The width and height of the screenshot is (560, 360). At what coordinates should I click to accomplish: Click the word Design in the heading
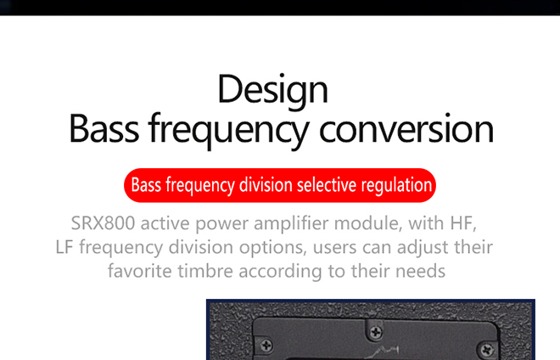(x=272, y=91)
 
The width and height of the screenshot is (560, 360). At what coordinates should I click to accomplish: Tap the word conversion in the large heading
(x=406, y=129)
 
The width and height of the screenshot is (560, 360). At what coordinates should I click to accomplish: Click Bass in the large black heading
(x=104, y=128)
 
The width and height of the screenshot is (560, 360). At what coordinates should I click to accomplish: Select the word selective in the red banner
(x=327, y=185)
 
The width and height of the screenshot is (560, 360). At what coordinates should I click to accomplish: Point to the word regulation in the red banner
(x=396, y=186)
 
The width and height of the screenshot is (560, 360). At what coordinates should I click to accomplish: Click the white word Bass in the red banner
(x=146, y=185)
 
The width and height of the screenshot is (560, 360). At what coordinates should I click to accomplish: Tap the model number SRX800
(x=103, y=223)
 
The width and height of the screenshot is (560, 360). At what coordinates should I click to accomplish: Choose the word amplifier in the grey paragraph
(x=292, y=224)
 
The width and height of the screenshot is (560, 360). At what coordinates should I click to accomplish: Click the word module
(x=368, y=223)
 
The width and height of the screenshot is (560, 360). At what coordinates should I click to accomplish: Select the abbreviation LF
(x=64, y=247)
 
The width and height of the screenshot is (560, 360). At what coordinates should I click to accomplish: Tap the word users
(x=334, y=247)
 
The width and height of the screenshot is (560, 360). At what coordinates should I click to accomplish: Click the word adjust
(x=424, y=247)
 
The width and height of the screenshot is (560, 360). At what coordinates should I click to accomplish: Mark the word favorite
(x=140, y=271)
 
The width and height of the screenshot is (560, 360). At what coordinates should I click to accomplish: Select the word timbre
(x=205, y=271)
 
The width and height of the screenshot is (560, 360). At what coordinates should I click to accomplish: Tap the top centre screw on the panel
(x=375, y=333)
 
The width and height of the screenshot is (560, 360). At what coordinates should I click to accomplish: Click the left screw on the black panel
(x=266, y=346)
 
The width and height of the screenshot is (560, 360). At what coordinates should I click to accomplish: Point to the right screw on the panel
(x=487, y=350)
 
